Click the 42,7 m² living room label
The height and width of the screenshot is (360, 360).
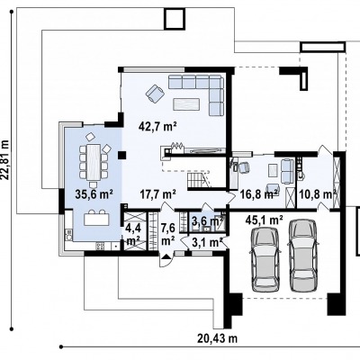157,126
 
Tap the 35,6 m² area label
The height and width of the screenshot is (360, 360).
94,194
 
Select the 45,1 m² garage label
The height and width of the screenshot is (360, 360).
264,220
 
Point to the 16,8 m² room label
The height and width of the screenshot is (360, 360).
258,194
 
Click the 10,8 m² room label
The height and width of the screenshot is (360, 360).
318,194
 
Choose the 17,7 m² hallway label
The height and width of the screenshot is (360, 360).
157,194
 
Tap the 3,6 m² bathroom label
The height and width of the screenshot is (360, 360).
208,221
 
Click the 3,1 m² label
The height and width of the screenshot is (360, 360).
207,242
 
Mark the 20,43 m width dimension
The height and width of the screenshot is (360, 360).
218,338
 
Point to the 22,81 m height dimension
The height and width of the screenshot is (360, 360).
5,159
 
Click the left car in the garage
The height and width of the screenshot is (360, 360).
265,259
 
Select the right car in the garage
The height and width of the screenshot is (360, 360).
303,256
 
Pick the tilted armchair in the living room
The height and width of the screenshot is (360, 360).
155,94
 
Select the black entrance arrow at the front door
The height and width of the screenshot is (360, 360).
166,256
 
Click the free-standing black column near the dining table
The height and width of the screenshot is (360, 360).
121,155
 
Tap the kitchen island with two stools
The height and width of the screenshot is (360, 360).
96,218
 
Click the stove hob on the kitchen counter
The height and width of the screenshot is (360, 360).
100,247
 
